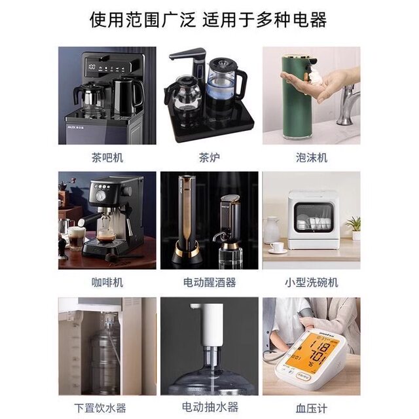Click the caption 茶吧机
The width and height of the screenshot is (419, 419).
107,158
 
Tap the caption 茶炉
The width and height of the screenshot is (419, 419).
209,158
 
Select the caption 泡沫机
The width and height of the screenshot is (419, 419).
312,158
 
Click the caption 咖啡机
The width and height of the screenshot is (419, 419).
107,283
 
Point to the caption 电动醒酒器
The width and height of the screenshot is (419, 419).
209,283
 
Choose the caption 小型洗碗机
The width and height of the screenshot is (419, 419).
312,283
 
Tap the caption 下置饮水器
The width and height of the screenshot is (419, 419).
107,408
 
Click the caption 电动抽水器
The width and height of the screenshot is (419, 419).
209,408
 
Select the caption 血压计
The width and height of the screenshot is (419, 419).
312,408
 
